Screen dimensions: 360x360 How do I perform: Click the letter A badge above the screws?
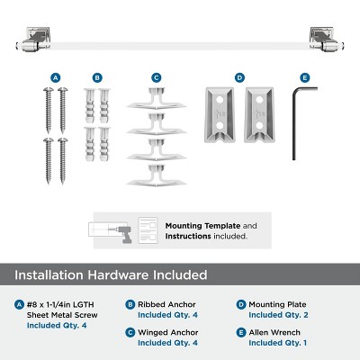pyautogui.click(x=55, y=78)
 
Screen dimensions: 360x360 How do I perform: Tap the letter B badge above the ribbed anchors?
pyautogui.click(x=97, y=78)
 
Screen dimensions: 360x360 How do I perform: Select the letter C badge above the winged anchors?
pyautogui.click(x=156, y=78)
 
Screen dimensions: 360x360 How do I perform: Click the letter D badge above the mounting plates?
pyautogui.click(x=239, y=78)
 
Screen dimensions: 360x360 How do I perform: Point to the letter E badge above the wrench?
pyautogui.click(x=304, y=78)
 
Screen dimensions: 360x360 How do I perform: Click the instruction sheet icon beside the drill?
pyautogui.click(x=148, y=230)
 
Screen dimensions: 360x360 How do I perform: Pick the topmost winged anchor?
pyautogui.click(x=157, y=98)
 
